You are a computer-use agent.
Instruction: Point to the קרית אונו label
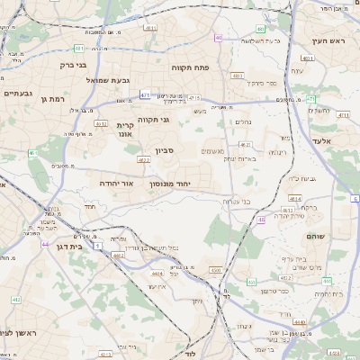coord(125,129)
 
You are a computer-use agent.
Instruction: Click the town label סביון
coord(165,150)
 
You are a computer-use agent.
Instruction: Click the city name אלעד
coord(320,141)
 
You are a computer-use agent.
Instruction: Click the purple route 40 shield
coord(219,38)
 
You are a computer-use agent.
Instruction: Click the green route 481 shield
coord(79,48)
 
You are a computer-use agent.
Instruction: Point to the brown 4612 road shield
coord(245,144)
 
